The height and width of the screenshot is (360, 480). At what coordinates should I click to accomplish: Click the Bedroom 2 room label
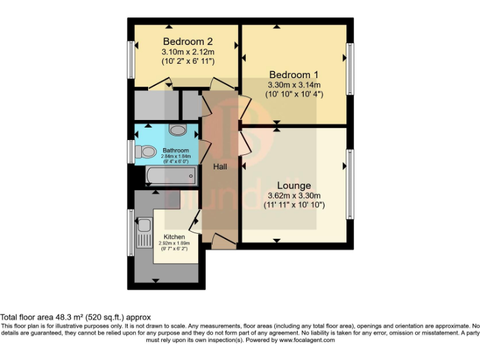(188, 41)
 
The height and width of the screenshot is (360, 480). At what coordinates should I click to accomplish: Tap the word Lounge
(294, 186)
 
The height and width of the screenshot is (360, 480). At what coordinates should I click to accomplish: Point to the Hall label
(220, 167)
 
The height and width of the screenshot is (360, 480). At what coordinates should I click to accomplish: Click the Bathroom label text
(176, 151)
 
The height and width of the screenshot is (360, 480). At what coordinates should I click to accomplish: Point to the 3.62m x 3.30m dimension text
(294, 196)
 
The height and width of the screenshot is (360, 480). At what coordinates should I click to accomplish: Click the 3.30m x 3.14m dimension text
(294, 85)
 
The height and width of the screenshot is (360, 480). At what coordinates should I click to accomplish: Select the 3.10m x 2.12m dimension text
(188, 52)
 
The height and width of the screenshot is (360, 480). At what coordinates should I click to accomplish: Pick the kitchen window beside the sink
(131, 232)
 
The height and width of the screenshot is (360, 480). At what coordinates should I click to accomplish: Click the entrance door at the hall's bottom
(223, 241)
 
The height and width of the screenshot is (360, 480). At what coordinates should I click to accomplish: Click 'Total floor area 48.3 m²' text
(76, 317)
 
